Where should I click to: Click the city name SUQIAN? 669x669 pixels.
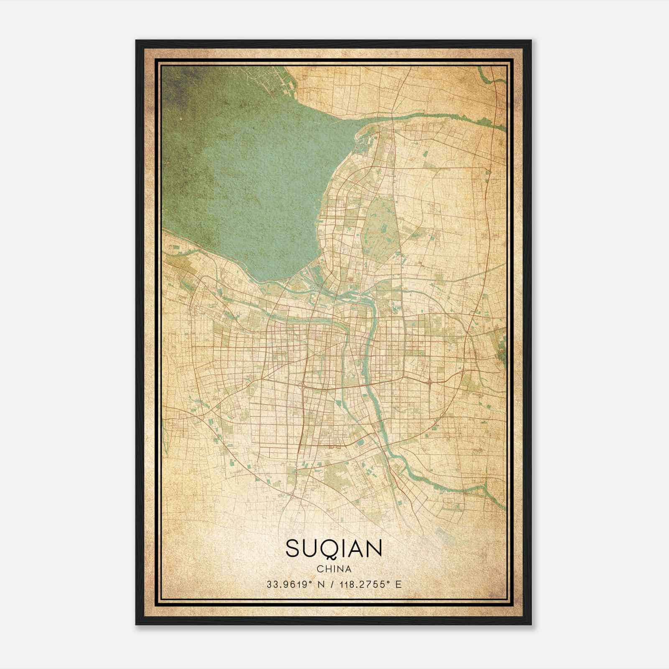click(x=334, y=549)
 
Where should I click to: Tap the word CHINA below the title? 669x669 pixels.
click(x=334, y=569)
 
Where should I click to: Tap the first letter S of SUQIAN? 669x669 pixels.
click(x=292, y=549)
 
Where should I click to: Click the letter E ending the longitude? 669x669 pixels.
click(x=398, y=584)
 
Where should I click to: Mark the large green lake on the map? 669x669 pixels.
click(x=251, y=176)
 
